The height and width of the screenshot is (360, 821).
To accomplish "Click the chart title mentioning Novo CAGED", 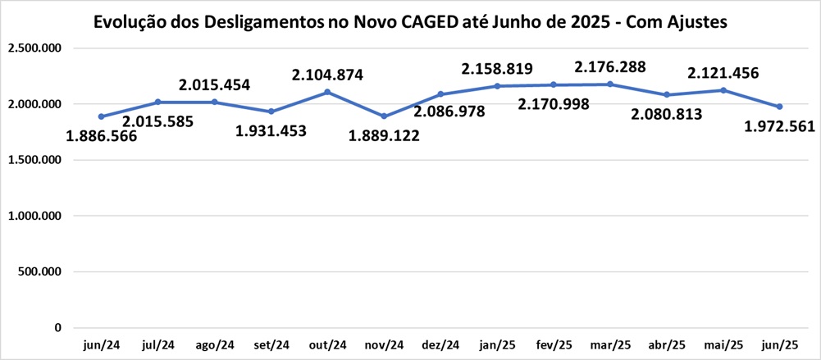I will [x=410, y=22].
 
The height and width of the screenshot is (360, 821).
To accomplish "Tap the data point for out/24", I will [x=327, y=92].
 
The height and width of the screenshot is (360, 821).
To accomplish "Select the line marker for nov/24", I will [x=384, y=116].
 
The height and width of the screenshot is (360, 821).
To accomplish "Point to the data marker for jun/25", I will [x=779, y=107].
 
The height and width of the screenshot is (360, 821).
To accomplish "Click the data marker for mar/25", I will [x=610, y=84].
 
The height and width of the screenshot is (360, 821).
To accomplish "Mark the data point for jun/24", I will [x=101, y=116].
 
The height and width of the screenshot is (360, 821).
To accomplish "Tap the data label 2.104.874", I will [x=327, y=75].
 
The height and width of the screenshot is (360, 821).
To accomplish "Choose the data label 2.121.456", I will [x=723, y=73].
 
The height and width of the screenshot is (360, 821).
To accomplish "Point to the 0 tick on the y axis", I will [x=57, y=328].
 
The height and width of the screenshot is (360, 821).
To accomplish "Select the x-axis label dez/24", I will [x=440, y=345].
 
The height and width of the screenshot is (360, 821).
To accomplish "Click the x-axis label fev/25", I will [x=554, y=345].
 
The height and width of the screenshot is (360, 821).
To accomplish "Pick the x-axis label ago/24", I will [x=214, y=345].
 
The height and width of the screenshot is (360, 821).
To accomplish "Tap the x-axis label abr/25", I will [x=666, y=345].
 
